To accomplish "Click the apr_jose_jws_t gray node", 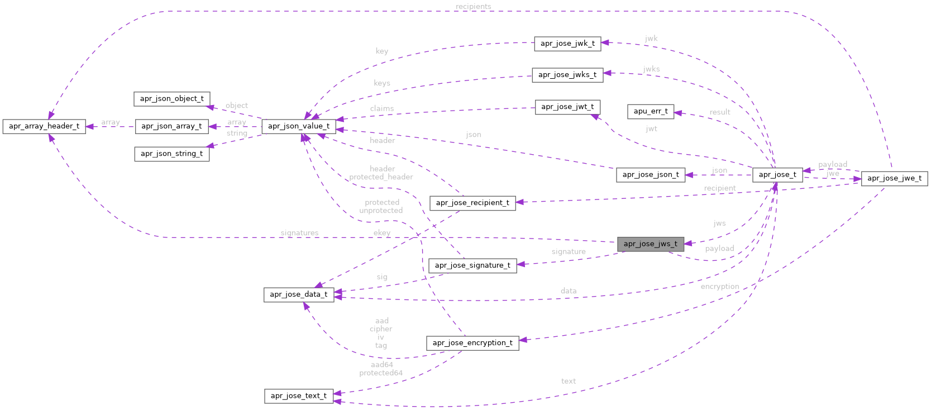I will coord(650,244).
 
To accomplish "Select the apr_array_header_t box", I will coord(44,126).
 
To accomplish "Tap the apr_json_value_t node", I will coord(299,126).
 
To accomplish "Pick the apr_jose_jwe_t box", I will coord(894,179).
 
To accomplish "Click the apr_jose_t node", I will coord(777,175).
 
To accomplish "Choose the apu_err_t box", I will coord(651,111).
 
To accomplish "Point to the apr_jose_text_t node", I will coord(299,396).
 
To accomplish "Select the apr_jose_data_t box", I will coord(299,294).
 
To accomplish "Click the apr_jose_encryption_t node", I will coord(472,343).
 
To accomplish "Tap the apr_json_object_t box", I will coord(172,99).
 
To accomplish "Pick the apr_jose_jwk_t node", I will coord(567,44).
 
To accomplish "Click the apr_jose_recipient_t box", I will coord(472,203).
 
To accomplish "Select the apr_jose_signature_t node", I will coord(472,265).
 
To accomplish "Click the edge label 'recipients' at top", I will coord(473,7).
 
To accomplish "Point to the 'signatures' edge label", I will coord(300,233).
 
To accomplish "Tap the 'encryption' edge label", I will coord(719,287).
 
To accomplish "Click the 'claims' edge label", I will coord(382,108).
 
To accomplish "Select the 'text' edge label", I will coord(569,381).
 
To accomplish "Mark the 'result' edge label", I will coord(720,112).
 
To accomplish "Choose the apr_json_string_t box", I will coord(172,154).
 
